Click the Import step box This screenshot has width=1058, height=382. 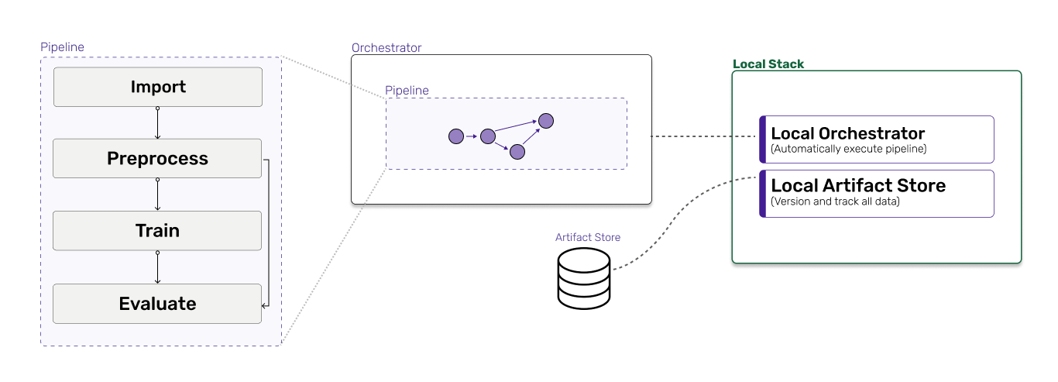tap(158, 87)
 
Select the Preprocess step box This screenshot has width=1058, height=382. tap(158, 159)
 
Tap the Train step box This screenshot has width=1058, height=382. tap(158, 231)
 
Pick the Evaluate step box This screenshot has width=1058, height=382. tap(158, 304)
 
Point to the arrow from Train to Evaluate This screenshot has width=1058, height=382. tap(158, 267)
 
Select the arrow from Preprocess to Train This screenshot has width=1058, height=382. tap(158, 194)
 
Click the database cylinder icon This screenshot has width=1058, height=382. tap(585, 277)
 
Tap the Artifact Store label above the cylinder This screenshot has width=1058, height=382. tap(588, 237)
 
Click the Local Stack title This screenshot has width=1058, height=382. tap(768, 64)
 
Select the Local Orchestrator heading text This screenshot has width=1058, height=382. tap(848, 133)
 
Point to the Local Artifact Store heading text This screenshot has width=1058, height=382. tap(858, 186)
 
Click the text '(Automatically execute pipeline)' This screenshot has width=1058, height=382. tap(849, 149)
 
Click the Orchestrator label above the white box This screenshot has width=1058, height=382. tap(386, 48)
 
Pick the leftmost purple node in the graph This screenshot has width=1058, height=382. tap(456, 136)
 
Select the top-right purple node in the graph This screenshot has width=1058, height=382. tap(546, 120)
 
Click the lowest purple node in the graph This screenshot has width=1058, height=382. tap(517, 152)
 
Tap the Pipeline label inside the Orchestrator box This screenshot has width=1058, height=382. tap(407, 91)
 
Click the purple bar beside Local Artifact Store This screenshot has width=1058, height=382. tap(763, 193)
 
